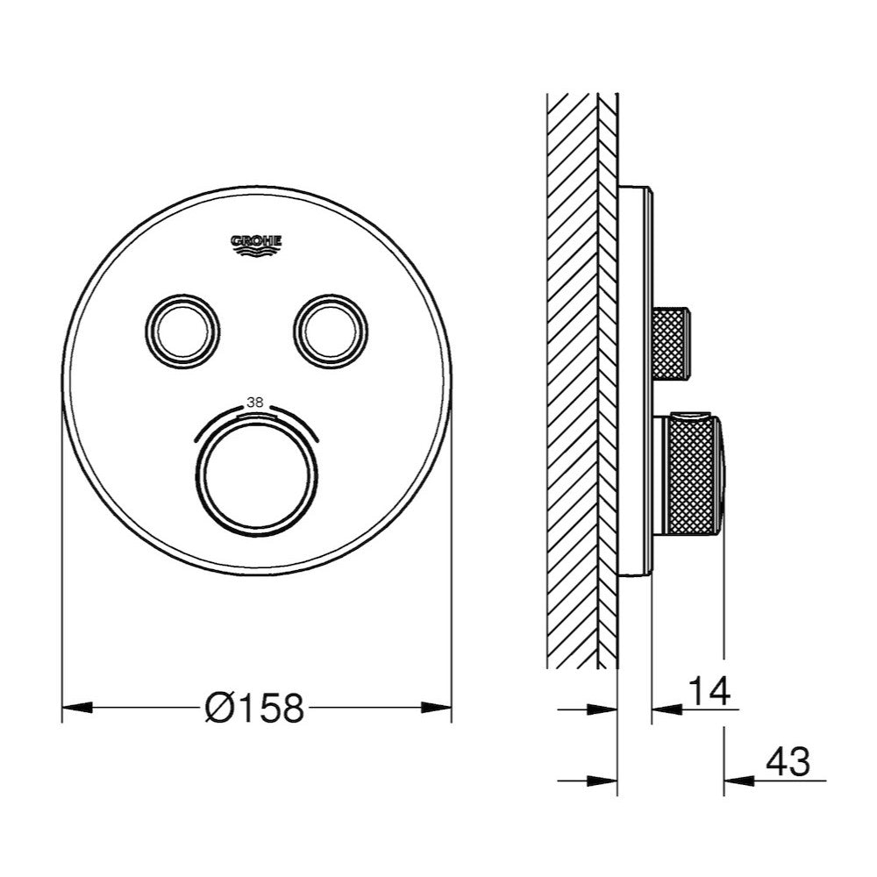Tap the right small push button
329,328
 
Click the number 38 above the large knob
255,402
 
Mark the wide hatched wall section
571,377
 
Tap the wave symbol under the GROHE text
256,253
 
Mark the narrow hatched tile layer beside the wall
608,377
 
